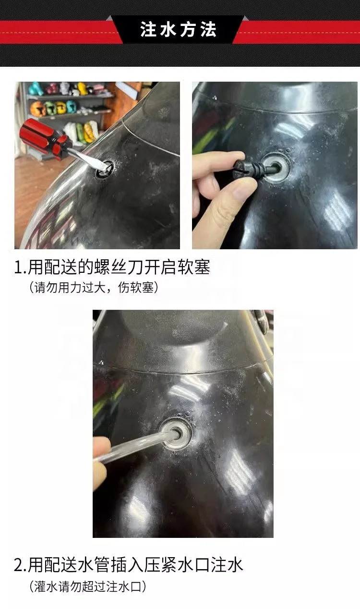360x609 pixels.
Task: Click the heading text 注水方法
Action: pos(178,29)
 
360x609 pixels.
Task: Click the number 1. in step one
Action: pos(20,268)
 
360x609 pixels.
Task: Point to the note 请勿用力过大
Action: pos(70,288)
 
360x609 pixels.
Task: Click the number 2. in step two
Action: pos(21,565)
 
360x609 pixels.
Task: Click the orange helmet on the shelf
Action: pos(37,109)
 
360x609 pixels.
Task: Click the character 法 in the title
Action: pos(209,29)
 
